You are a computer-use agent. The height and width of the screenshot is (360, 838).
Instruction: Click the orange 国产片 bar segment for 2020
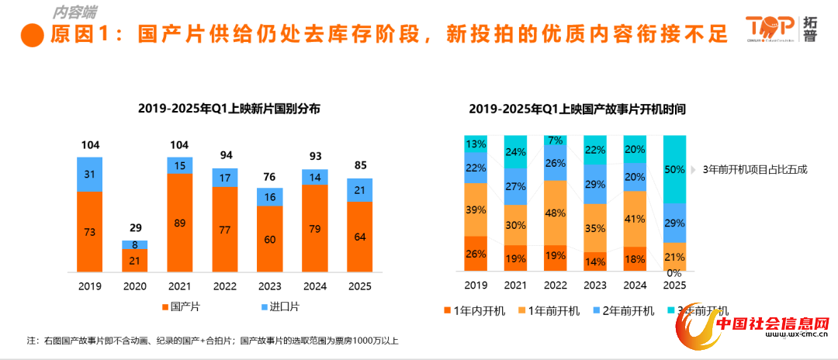(x=134, y=261)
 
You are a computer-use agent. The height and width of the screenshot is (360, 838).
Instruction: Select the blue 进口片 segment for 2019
(x=89, y=174)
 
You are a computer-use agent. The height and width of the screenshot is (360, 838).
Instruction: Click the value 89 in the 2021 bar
(x=179, y=223)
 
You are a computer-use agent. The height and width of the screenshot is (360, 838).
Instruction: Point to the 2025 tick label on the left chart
(x=359, y=286)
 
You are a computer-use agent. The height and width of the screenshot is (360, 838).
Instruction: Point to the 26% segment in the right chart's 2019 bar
(x=476, y=254)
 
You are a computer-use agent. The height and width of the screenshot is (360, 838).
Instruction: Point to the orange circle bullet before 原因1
(x=32, y=35)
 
